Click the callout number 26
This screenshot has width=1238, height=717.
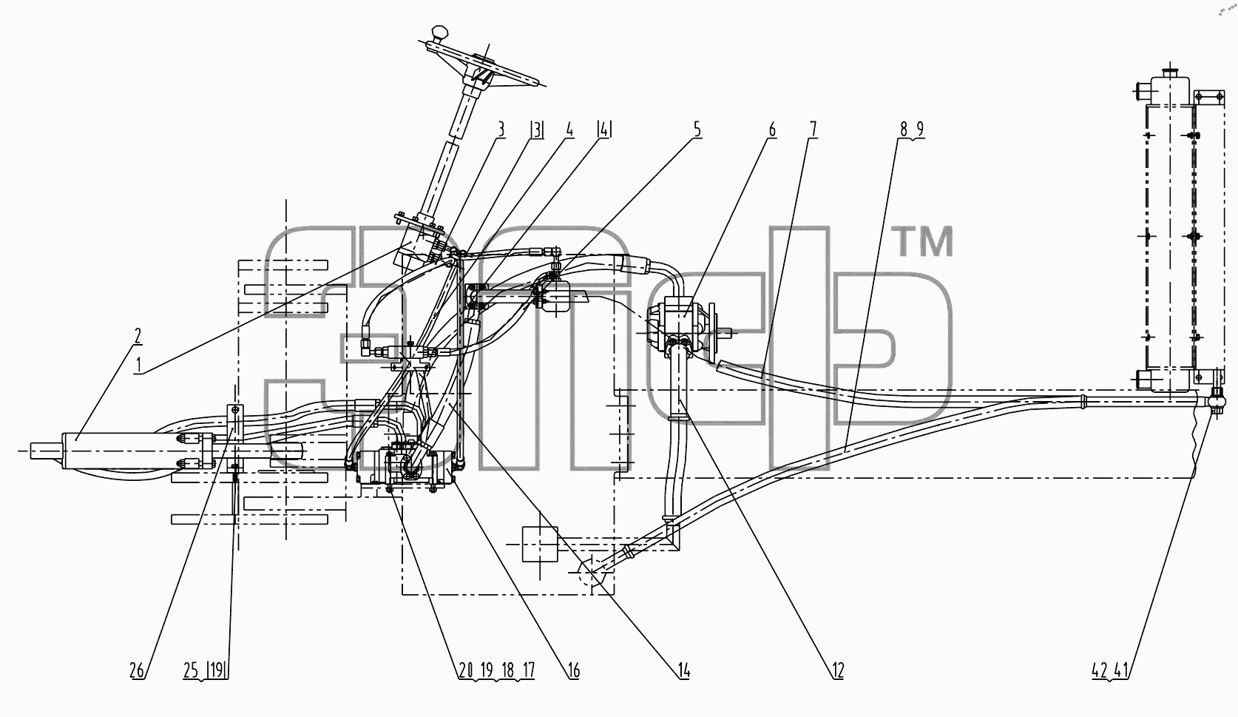point(137,670)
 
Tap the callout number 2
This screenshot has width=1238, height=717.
point(138,335)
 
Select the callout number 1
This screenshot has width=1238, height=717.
point(139,365)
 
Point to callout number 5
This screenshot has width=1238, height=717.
point(697,130)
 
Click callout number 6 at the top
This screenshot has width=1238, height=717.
point(772,130)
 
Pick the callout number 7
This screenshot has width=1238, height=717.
point(813,130)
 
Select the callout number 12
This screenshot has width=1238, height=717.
point(838,670)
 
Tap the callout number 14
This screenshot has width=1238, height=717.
point(684,670)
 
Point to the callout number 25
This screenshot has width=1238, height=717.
point(191,670)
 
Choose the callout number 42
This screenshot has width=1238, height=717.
point(1100,670)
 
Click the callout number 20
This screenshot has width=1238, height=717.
point(465,670)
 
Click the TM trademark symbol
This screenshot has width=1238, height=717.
point(924,242)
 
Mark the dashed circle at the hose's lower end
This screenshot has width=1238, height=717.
point(592,575)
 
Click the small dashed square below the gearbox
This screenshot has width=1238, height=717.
point(539,544)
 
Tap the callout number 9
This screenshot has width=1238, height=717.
point(919,130)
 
